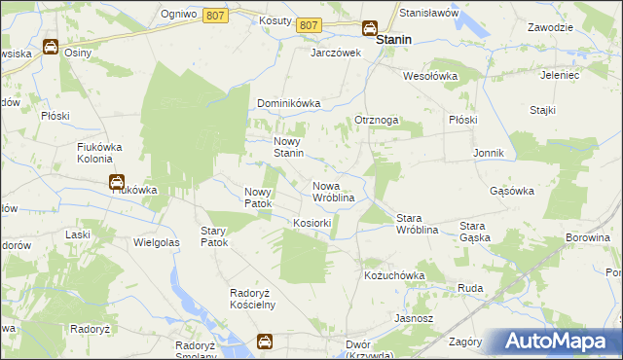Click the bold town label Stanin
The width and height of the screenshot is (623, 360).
pyautogui.click(x=393, y=40)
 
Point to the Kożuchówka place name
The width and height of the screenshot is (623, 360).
pyautogui.click(x=395, y=276)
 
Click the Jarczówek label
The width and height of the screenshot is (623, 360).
pyautogui.click(x=336, y=53)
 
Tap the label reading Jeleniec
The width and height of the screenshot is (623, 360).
pyautogui.click(x=561, y=74)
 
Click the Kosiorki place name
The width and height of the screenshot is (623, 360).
pyautogui.click(x=312, y=223)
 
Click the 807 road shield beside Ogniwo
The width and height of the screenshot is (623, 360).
pyautogui.click(x=215, y=15)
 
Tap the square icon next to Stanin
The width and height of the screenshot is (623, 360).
pyautogui.click(x=370, y=28)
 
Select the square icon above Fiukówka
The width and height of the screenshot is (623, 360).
pyautogui.click(x=116, y=180)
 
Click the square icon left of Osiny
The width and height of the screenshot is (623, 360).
pyautogui.click(x=50, y=46)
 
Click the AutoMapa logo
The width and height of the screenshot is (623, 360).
pyautogui.click(x=555, y=342)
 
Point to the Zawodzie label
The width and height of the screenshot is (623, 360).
pyautogui.click(x=550, y=27)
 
